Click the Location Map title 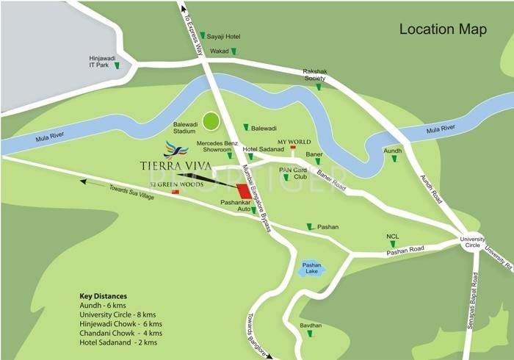[443, 29]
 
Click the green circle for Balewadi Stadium [211, 120]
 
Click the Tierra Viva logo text [175, 165]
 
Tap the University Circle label [474, 244]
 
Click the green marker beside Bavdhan [309, 334]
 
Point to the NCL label [393, 237]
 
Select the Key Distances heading [103, 296]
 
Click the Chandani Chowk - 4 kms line [120, 333]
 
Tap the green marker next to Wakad [234, 52]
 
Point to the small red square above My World [293, 148]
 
